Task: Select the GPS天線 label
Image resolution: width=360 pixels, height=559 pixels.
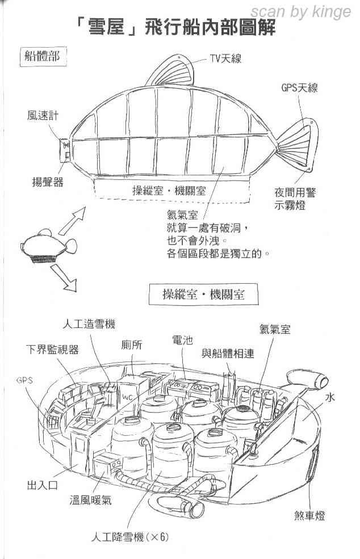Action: tap(299, 87)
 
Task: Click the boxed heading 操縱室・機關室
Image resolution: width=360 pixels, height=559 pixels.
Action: tap(203, 295)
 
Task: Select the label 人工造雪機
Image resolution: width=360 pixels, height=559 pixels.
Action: tap(89, 324)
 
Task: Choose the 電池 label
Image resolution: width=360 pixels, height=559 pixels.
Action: tap(182, 340)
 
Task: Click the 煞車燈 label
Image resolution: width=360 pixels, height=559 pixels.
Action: tap(310, 515)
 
